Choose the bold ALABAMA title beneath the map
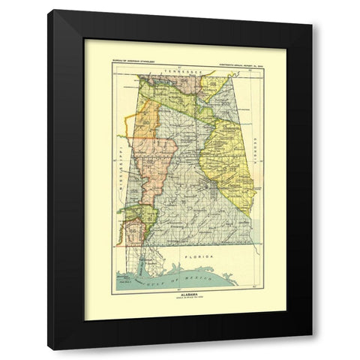pyautogui.click(x=181, y=295)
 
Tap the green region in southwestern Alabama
pyautogui.click(x=147, y=217)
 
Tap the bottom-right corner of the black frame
pyautogui.click(x=313, y=348)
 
